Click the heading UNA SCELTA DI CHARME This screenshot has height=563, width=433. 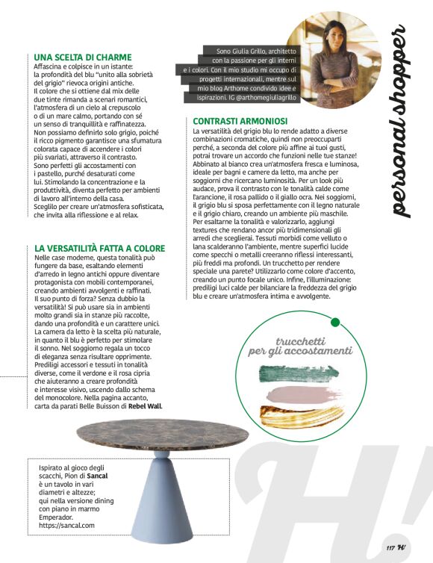pos(83,56)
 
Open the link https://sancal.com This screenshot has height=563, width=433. pos(67,526)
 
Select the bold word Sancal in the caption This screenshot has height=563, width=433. pos(100,476)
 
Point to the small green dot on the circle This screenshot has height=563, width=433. pos(335,302)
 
